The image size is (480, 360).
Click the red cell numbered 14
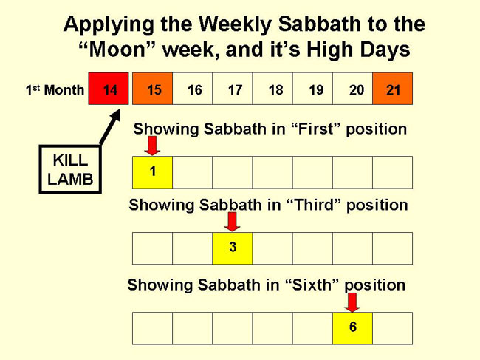tap(109, 89)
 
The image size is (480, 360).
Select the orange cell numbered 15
tap(152, 89)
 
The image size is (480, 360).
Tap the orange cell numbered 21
tap(392, 89)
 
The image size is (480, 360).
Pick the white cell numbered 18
tap(272, 89)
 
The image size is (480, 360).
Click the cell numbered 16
tap(193, 89)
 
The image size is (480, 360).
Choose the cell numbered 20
tap(353, 89)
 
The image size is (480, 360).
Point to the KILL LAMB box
tap(70, 169)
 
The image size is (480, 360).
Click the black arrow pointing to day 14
tap(109, 127)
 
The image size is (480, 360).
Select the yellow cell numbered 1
tap(152, 172)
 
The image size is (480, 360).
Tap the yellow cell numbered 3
tap(233, 248)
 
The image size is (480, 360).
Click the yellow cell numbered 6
tap(353, 328)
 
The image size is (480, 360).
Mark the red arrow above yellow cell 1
tap(152, 146)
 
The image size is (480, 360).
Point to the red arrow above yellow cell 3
tap(233, 222)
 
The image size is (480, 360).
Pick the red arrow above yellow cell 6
tap(352, 302)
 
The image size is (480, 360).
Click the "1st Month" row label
tap(55, 89)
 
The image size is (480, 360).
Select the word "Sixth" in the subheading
tap(312, 285)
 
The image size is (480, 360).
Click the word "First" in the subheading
tap(315, 129)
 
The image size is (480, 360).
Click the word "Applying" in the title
tap(109, 25)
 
